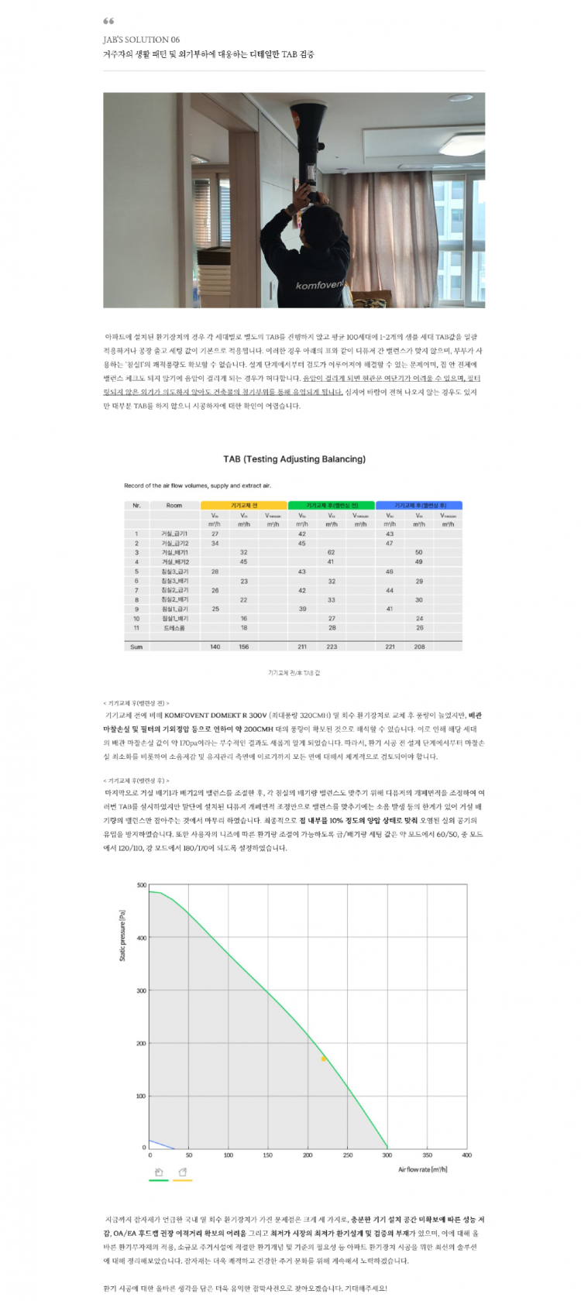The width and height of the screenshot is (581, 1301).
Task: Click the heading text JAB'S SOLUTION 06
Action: (141, 39)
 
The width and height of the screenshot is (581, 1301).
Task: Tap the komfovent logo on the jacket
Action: (319, 285)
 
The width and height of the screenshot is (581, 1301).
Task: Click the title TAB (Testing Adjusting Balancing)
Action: (294, 459)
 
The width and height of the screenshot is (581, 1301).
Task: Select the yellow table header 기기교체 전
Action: (244, 505)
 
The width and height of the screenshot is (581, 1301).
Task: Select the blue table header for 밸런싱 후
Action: (419, 505)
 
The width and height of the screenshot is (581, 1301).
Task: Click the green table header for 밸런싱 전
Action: (332, 505)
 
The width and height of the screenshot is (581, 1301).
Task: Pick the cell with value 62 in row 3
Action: (332, 552)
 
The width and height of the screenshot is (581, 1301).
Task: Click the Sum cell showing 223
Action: (332, 647)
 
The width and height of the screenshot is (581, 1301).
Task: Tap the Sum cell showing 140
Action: (215, 647)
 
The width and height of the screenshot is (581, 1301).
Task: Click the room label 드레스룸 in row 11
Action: (174, 628)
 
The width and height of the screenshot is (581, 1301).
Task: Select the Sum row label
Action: (136, 647)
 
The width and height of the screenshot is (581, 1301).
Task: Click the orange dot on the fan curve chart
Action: (324, 1059)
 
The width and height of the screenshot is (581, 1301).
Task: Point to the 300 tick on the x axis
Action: (387, 1155)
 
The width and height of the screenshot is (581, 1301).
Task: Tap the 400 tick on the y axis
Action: (142, 938)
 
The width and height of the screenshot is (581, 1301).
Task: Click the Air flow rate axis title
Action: (422, 1169)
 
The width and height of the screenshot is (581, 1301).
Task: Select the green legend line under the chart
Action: (158, 1180)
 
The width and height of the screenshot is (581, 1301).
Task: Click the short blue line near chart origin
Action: (160, 1144)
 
